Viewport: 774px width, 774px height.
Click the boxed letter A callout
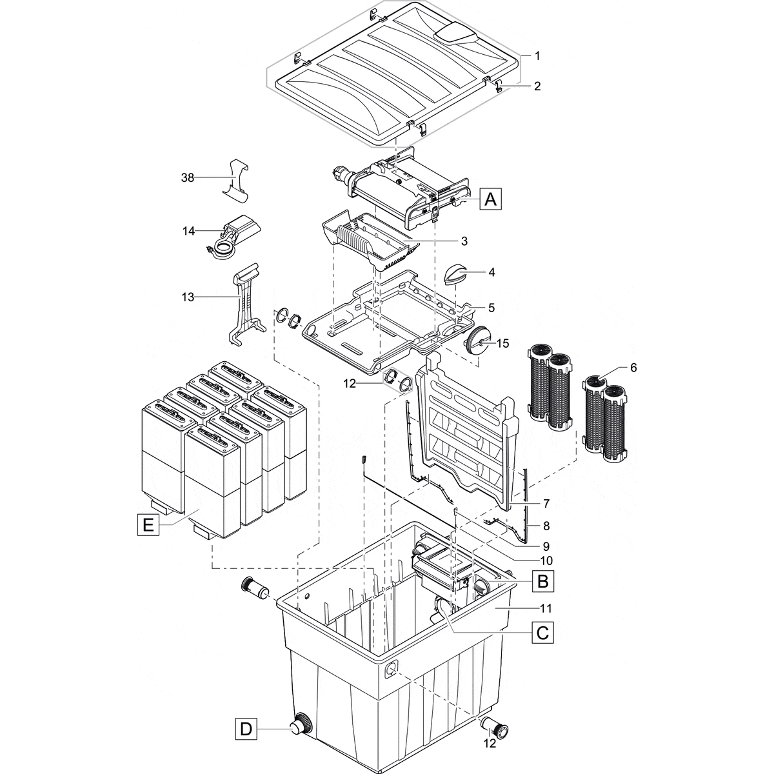coord(491,200)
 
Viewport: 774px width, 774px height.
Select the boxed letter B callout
coord(543,582)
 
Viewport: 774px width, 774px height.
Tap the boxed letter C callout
coord(543,633)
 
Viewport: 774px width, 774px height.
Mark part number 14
coord(188,230)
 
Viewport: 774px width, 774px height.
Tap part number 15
coord(502,343)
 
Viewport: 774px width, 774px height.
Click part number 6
coord(633,367)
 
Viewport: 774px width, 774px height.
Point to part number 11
coord(546,608)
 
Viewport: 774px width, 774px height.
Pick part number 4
coord(491,272)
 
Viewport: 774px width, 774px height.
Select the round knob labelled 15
coord(480,337)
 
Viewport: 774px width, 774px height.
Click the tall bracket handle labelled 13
coord(245,303)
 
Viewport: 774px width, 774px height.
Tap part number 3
coord(464,241)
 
